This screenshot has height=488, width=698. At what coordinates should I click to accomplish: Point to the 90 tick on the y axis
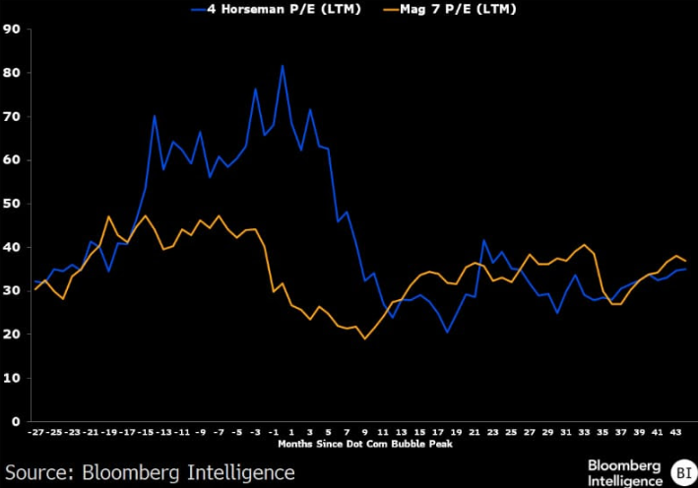[13, 30]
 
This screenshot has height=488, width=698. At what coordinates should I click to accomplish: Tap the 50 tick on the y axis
[13, 204]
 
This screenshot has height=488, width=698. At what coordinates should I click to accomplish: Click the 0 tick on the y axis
[17, 421]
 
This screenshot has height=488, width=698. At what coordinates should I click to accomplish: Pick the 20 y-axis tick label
[13, 335]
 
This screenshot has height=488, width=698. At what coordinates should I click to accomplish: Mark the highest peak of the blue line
[283, 66]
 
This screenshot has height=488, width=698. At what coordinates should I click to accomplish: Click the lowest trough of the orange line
[365, 339]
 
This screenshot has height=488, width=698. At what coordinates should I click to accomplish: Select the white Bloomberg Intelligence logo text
[625, 471]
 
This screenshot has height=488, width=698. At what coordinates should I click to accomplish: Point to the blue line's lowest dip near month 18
[447, 332]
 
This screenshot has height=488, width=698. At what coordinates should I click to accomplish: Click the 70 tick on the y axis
[13, 117]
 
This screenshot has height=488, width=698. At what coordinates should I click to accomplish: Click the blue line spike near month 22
[483, 240]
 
